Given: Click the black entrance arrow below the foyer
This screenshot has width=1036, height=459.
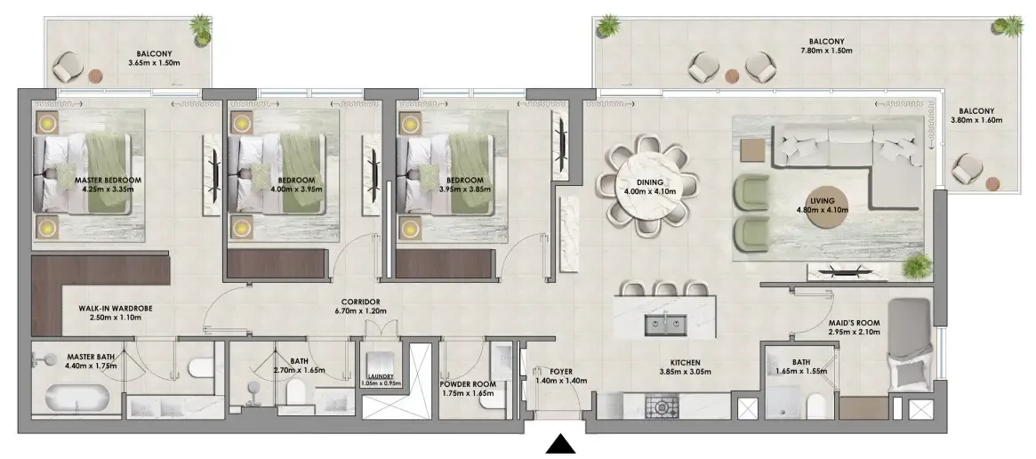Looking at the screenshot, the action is (561, 445).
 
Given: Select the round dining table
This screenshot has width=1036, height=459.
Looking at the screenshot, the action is (646, 184).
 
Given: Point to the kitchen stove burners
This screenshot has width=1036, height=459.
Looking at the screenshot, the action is (662, 406).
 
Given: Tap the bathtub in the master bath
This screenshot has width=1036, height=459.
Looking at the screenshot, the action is (77, 399).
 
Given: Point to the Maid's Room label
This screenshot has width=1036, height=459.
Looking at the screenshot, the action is (854, 323).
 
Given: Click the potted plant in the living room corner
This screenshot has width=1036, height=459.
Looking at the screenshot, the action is (918, 267).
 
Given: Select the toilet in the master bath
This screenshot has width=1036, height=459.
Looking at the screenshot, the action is (199, 367).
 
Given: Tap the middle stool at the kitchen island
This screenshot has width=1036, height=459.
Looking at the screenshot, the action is (663, 288).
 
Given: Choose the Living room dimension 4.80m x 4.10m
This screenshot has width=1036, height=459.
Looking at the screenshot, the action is (822, 210).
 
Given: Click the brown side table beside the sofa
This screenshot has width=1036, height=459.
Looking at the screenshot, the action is (751, 151).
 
